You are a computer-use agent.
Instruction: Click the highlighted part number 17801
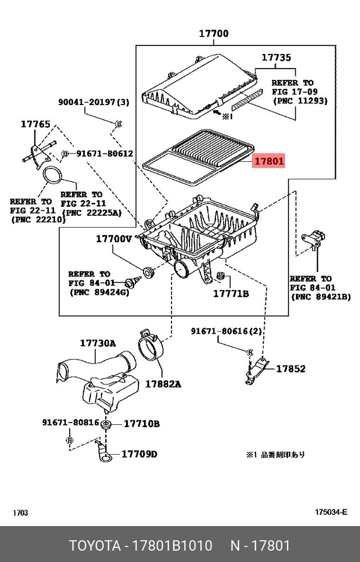269,161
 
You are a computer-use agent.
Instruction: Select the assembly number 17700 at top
213,34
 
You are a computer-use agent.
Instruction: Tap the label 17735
276,57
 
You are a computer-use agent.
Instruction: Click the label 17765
36,124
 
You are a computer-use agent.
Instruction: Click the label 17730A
97,343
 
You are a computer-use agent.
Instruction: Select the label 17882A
163,384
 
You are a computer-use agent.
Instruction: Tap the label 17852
290,369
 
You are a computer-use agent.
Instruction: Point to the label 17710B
141,423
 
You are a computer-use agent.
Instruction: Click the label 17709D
139,454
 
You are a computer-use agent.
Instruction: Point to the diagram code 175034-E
331,511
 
